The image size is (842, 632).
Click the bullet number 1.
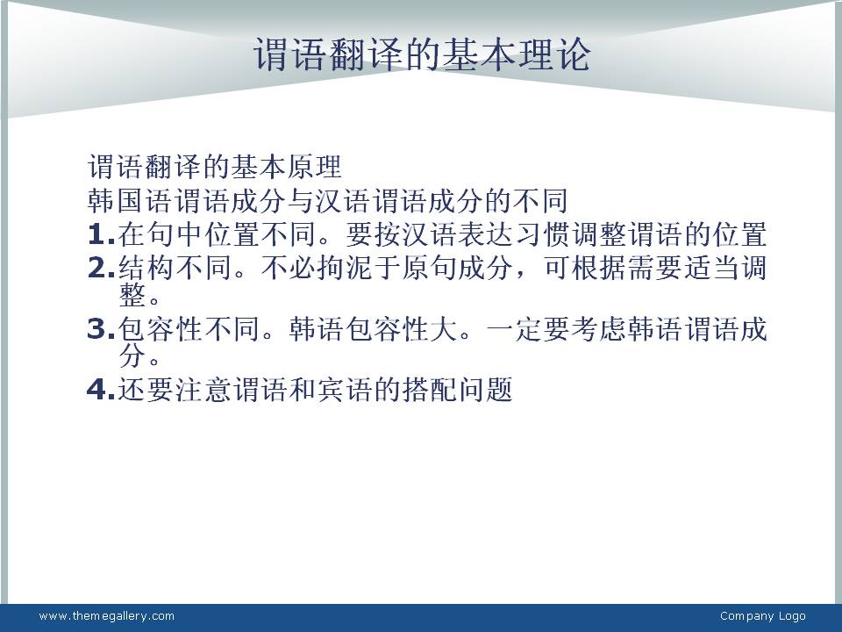point(101,234)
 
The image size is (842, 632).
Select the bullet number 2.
point(101,268)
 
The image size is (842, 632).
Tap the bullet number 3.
point(101,329)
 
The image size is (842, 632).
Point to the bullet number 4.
point(101,389)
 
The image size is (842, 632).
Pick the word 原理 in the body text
point(314,167)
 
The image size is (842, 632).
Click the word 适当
point(713,268)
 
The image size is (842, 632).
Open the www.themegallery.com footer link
point(107,616)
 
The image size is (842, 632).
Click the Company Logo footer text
point(762,616)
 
